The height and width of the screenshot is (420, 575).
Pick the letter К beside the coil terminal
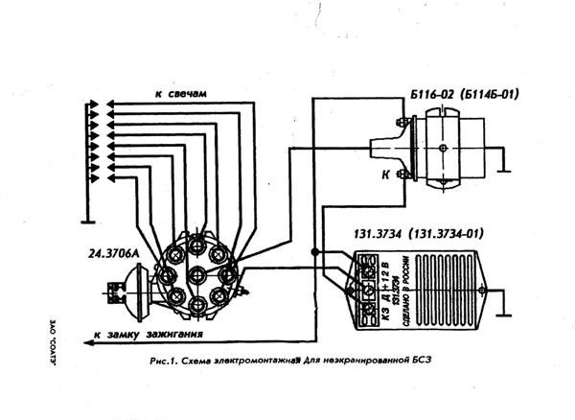coord(385,175)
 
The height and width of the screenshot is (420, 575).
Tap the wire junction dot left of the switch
coord(315,252)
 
